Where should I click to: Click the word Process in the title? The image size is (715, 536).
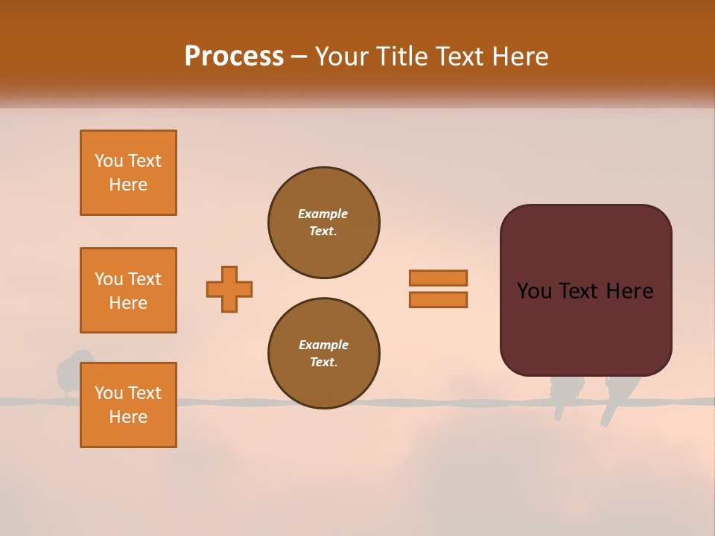pyautogui.click(x=234, y=56)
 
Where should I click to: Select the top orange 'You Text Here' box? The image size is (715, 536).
pyautogui.click(x=128, y=173)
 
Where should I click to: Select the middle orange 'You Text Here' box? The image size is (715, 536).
pyautogui.click(x=128, y=290)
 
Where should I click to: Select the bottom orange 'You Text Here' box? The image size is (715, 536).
pyautogui.click(x=128, y=405)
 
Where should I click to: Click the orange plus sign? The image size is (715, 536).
pyautogui.click(x=229, y=289)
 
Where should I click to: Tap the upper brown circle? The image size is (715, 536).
pyautogui.click(x=324, y=223)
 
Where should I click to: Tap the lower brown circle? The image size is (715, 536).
pyautogui.click(x=324, y=354)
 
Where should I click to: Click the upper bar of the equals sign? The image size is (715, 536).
pyautogui.click(x=438, y=278)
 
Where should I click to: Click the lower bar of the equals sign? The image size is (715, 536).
pyautogui.click(x=438, y=299)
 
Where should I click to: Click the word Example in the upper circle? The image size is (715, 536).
pyautogui.click(x=323, y=214)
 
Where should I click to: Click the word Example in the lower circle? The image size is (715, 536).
pyautogui.click(x=323, y=345)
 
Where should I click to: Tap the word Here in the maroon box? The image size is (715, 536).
pyautogui.click(x=629, y=291)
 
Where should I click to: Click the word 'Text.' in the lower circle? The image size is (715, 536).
pyautogui.click(x=323, y=363)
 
